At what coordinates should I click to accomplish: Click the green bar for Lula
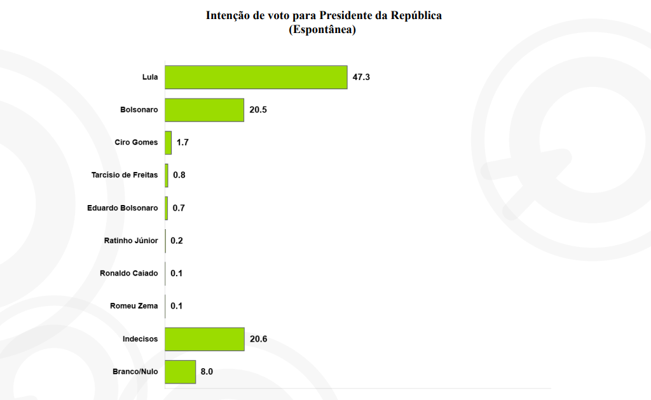click(x=256, y=77)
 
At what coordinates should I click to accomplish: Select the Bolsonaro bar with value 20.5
click(x=204, y=110)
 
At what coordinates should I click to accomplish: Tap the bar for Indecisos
click(x=204, y=339)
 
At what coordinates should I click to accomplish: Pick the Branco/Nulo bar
click(x=180, y=371)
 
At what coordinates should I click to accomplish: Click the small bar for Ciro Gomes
click(x=168, y=143)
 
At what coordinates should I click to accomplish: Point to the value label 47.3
click(x=361, y=77)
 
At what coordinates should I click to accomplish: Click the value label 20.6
click(x=258, y=339)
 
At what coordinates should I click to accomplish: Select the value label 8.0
click(x=207, y=371)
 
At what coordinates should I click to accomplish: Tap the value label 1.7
click(x=182, y=143)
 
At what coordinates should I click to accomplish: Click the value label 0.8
click(x=179, y=175)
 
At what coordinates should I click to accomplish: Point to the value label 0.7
click(x=179, y=208)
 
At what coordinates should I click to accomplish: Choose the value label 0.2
click(x=177, y=241)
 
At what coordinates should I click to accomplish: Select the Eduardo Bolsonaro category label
click(x=122, y=208)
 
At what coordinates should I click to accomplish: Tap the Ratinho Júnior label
click(x=131, y=241)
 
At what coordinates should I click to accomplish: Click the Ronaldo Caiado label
click(x=128, y=274)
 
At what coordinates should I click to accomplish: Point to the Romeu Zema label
click(x=134, y=306)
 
